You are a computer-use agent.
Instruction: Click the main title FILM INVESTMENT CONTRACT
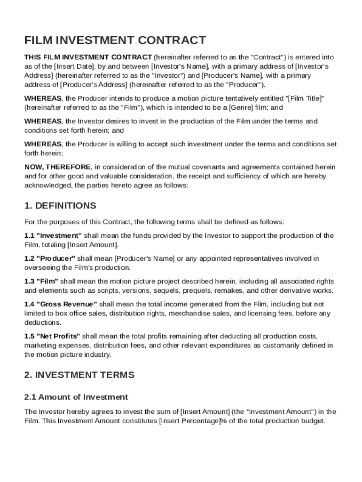pos(115,40)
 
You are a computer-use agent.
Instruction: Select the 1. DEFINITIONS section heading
pos(60,206)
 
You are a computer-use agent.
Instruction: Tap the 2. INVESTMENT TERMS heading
pos(79,375)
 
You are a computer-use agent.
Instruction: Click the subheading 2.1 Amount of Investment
pos(76,397)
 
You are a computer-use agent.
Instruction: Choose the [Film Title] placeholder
pos(305,98)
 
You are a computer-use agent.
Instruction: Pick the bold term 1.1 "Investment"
pos(53,235)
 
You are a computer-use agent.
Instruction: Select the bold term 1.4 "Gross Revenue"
pos(61,305)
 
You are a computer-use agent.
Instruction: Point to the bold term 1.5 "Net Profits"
pos(52,337)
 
